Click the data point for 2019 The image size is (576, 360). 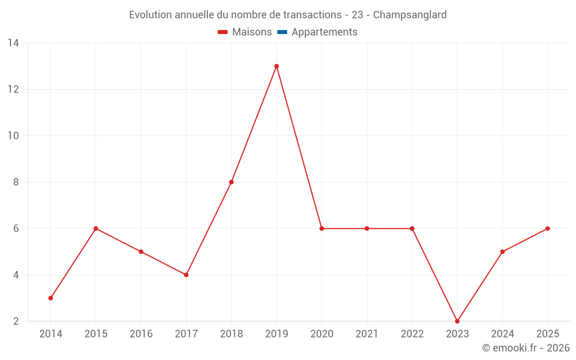coord(276,66)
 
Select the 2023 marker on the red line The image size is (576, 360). coord(457,321)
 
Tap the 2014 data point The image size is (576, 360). coord(51,298)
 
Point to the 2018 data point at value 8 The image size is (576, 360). coord(232,182)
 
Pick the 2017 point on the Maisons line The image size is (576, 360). coord(186,275)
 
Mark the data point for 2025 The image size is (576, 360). coord(548,229)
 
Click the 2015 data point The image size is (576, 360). coord(96,229)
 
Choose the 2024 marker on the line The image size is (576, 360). coord(502,252)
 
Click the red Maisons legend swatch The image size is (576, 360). coord(222,32)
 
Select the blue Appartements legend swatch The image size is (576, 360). coord(282,32)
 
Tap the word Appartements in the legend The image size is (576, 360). coord(324,32)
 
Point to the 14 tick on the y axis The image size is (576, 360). coord(13,43)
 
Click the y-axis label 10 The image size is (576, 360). coord(13,136)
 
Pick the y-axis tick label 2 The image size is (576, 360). coord(16,321)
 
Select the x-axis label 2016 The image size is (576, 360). coord(141,334)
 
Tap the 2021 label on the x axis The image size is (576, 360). coord(367,334)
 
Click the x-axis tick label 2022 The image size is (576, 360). coord(412,334)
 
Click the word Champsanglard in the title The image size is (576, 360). coord(410,15)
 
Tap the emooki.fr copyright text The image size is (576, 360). coord(526,348)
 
